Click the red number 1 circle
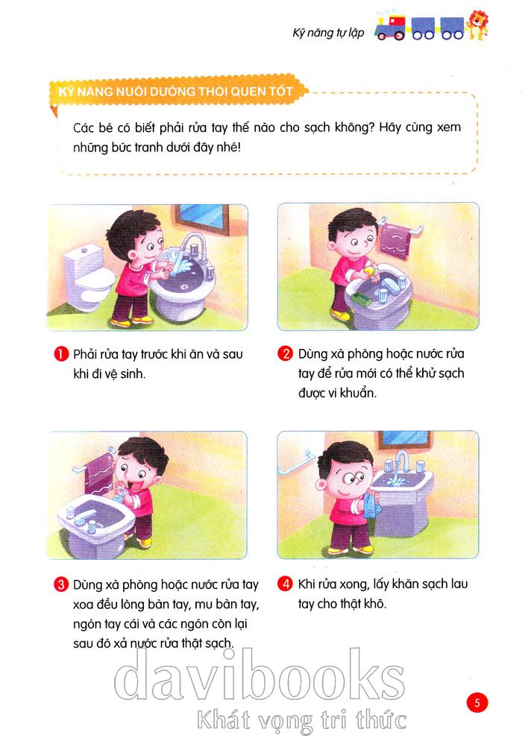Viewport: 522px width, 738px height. pyautogui.click(x=60, y=354)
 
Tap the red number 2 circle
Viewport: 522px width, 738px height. pyautogui.click(x=286, y=353)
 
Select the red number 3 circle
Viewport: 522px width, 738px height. pyautogui.click(x=60, y=584)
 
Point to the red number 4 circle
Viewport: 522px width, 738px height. pyautogui.click(x=286, y=584)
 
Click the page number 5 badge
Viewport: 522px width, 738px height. pyautogui.click(x=477, y=703)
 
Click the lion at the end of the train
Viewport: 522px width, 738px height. pyautogui.click(x=477, y=25)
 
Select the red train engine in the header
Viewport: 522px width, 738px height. pyautogui.click(x=390, y=28)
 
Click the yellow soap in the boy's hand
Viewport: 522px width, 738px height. pyautogui.click(x=369, y=271)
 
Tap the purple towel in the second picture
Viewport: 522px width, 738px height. pyautogui.click(x=394, y=240)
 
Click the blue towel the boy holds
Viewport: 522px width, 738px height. pyautogui.click(x=372, y=505)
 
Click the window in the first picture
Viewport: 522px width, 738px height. pyautogui.click(x=202, y=219)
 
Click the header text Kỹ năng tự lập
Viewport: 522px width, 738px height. pyautogui.click(x=328, y=33)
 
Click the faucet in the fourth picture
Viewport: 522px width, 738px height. pyautogui.click(x=401, y=463)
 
